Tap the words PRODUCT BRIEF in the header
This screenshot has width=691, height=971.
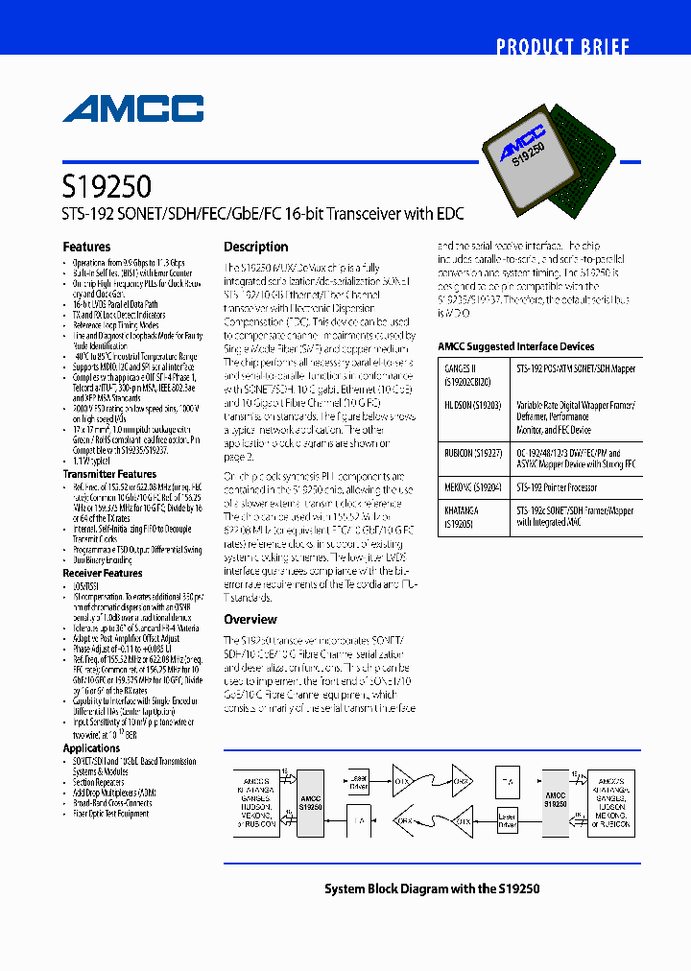pos(562,47)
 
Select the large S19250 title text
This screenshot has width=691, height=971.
pos(107,184)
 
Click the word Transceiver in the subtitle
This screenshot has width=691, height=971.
pos(362,215)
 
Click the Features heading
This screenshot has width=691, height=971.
pos(86,247)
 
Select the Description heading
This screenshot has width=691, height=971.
pos(255,247)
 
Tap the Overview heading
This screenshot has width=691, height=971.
pos(250,620)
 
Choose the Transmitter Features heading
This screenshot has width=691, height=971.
pos(109,474)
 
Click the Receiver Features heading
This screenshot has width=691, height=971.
pos(103,573)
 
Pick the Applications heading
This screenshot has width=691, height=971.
pos(91,748)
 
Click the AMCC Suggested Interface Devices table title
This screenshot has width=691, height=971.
pos(515,346)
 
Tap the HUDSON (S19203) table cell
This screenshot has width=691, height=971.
pos(470,406)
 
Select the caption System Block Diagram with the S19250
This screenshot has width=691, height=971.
pos(431,888)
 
